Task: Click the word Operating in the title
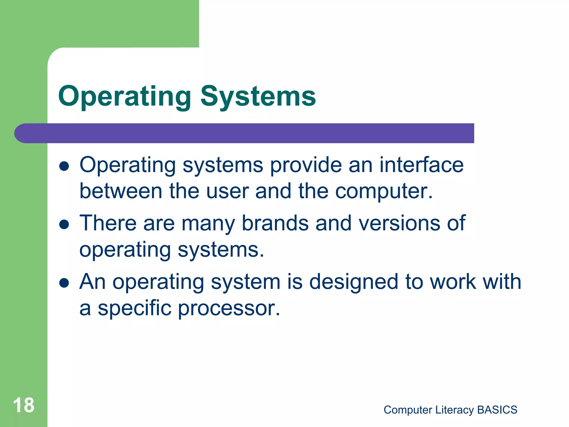pyautogui.click(x=124, y=97)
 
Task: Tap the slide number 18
pyautogui.click(x=24, y=405)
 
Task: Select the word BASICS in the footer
pyautogui.click(x=497, y=410)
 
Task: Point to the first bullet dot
pyautogui.click(x=64, y=166)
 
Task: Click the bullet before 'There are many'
pyautogui.click(x=64, y=225)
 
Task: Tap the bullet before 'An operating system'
pyautogui.click(x=64, y=283)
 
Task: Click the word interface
pyautogui.click(x=421, y=165)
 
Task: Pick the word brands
pyautogui.click(x=275, y=223)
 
